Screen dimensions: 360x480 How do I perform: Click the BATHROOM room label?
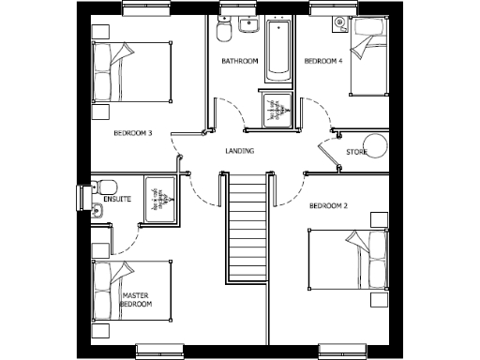coord(239,62)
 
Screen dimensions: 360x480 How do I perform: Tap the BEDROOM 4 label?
coord(323,62)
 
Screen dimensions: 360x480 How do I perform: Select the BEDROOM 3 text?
coord(133,133)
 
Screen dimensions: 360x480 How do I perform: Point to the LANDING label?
coord(240,151)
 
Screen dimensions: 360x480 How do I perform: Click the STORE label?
coord(356,151)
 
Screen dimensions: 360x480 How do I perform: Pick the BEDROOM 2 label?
coord(329,205)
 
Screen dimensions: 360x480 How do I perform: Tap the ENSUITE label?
coord(117,199)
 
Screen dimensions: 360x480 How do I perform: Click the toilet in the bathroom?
coord(223,34)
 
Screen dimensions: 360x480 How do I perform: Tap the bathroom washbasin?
coord(247,25)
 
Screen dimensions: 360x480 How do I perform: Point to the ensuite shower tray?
coord(159,199)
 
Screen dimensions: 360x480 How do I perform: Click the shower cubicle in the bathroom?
coord(275,109)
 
